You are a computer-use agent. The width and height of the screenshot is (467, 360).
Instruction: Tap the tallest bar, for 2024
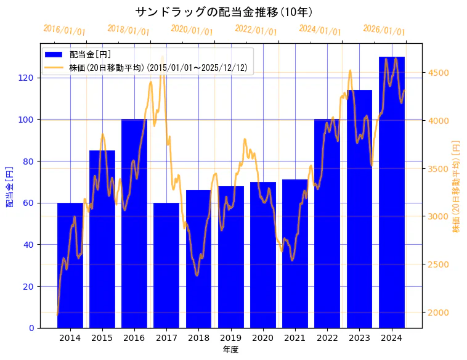392,203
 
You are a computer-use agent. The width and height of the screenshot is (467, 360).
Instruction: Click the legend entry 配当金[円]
90,55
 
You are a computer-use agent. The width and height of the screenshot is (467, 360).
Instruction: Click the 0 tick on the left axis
32,328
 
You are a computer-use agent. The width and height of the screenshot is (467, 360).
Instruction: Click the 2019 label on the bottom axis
230,338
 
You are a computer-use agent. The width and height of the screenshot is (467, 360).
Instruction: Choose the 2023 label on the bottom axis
359,338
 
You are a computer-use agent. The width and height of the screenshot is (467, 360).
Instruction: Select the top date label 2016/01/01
65,30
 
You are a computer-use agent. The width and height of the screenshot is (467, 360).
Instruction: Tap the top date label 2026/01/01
384,30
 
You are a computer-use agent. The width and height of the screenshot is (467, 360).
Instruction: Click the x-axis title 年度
230,350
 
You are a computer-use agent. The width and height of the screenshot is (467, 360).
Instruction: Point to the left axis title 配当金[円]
9,186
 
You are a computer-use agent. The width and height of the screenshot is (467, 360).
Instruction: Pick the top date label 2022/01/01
256,30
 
